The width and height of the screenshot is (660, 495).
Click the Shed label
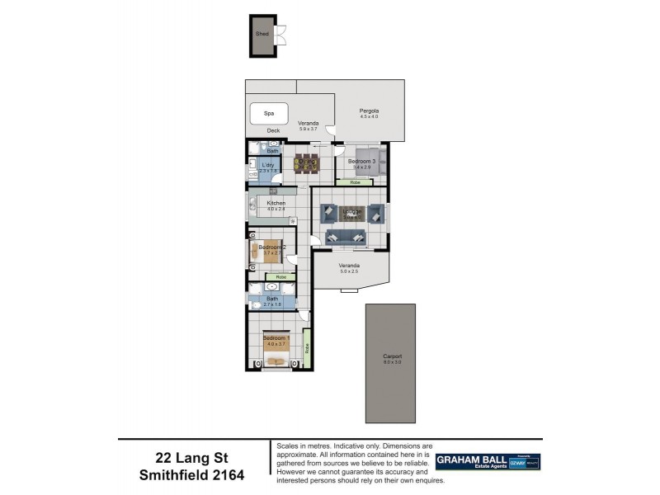coord(262,34)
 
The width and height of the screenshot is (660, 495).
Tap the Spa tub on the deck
coord(268,113)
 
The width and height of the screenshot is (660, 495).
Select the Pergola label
coord(369,111)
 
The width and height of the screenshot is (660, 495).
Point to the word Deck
coord(273,131)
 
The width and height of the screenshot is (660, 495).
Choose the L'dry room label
coord(268,165)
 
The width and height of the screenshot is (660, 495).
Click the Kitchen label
coord(276,203)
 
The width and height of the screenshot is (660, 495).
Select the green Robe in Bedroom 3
coord(355,182)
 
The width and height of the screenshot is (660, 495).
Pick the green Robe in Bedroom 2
coord(280,277)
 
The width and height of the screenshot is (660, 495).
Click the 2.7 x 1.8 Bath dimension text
coord(272,304)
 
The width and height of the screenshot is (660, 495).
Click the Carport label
coord(392,356)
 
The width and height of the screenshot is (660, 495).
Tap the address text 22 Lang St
coord(195,457)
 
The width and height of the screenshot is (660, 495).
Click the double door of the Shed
coord(282,35)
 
